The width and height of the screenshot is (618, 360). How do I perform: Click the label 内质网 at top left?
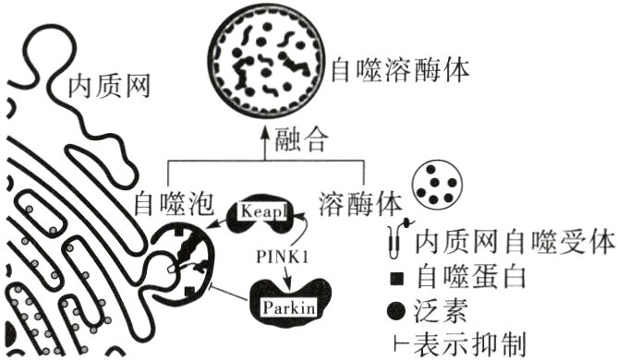[x=109, y=89]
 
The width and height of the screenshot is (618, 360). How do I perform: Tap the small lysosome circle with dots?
[x=438, y=186]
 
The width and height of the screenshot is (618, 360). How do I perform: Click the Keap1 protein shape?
[x=264, y=211]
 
